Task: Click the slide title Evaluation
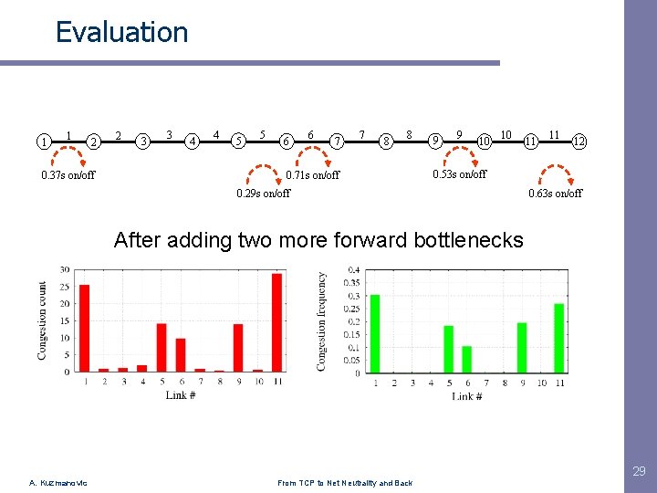(x=121, y=33)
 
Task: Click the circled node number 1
(x=43, y=142)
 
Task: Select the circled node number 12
(x=579, y=142)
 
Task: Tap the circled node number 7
(x=338, y=142)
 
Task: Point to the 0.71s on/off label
(x=312, y=175)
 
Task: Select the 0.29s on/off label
(x=263, y=193)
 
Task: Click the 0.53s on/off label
(x=459, y=174)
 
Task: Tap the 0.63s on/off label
(x=556, y=193)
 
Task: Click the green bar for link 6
(x=467, y=359)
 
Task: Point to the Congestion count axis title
(x=42, y=320)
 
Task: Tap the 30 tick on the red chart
(x=65, y=269)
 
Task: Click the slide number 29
(x=639, y=471)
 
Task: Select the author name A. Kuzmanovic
(x=57, y=483)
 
